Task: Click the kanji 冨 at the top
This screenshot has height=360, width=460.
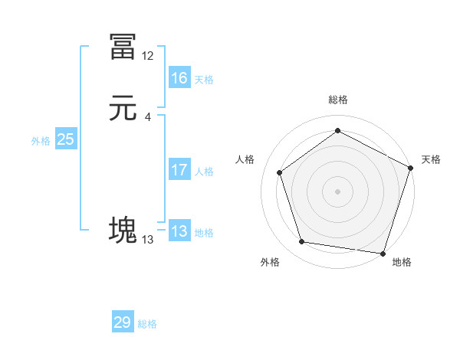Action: click(123, 47)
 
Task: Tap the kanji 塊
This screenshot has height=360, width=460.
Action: click(123, 231)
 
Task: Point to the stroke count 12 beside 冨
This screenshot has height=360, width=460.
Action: click(148, 56)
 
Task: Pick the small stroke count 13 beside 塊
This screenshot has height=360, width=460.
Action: click(148, 240)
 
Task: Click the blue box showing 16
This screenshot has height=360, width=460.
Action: click(179, 78)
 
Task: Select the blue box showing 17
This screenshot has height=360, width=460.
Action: click(179, 170)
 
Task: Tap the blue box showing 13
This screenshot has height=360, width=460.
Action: click(179, 231)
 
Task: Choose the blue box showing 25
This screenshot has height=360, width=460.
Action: click(66, 139)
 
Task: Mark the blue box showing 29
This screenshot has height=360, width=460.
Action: click(123, 322)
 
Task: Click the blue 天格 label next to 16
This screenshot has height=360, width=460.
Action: click(204, 80)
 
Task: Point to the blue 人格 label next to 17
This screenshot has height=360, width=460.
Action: click(204, 172)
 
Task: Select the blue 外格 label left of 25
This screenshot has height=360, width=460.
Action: click(41, 141)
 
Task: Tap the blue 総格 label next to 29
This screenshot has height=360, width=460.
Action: click(147, 324)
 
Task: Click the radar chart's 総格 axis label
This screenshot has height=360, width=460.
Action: click(338, 100)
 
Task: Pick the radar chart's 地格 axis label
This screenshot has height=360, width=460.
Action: click(402, 262)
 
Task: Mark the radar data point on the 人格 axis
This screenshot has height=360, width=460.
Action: click(280, 172)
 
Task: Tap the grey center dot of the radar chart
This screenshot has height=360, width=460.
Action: click(338, 191)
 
